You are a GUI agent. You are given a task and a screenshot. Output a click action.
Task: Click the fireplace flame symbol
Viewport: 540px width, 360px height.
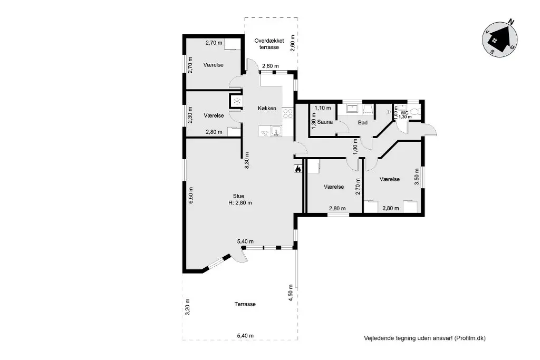(298, 169)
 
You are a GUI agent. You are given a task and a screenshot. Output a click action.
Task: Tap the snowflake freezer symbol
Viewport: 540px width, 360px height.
(237, 101)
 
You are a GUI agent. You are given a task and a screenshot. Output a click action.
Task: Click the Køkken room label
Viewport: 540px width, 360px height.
(267, 108)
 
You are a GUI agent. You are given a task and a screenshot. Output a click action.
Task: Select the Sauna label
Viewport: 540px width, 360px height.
(325, 122)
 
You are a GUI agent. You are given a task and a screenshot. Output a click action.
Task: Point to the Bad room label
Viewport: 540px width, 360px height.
(363, 122)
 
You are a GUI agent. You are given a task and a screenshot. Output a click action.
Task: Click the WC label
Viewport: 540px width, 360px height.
(404, 113)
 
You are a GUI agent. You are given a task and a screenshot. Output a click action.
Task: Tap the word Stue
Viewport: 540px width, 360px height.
(238, 196)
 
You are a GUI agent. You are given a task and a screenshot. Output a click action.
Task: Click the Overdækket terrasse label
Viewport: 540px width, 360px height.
(269, 44)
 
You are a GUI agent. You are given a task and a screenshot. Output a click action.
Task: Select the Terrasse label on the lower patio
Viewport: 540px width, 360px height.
(245, 304)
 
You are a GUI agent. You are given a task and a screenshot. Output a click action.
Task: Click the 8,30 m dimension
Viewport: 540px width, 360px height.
(247, 160)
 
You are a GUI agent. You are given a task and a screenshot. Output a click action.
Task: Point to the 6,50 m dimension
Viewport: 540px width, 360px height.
(191, 195)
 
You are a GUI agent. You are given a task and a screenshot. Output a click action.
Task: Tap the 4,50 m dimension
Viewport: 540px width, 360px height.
(291, 293)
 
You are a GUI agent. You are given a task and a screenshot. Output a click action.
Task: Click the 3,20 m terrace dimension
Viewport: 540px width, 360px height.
(187, 307)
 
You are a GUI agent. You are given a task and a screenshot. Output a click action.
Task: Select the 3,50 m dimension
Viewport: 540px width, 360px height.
(417, 177)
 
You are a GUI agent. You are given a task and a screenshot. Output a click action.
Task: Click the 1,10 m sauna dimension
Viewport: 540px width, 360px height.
(322, 108)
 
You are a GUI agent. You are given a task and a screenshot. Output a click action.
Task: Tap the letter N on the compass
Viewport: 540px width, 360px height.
(512, 22)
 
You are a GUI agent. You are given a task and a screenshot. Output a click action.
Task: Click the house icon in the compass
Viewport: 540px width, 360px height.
(499, 39)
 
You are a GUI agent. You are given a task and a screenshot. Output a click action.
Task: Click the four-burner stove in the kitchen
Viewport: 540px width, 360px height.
(287, 113)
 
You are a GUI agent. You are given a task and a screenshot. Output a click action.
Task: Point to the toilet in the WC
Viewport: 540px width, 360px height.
(414, 112)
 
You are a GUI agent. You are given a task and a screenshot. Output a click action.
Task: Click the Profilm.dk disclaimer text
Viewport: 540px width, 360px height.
(425, 338)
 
